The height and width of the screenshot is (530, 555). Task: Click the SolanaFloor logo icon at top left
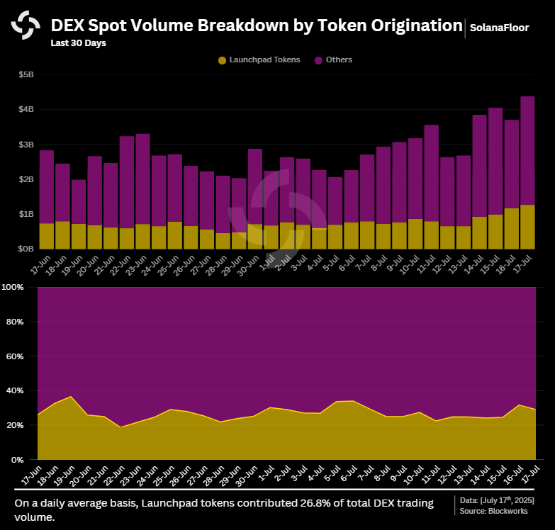[26, 26]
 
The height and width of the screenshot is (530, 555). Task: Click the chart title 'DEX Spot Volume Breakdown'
[256, 26]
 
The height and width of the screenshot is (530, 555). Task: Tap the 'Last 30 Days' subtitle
[78, 43]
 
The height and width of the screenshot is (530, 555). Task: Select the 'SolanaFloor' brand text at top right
[500, 28]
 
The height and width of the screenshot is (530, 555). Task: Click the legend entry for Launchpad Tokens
[259, 60]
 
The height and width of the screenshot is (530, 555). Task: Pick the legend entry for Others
[333, 60]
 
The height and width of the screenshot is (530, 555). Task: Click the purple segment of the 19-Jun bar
[79, 202]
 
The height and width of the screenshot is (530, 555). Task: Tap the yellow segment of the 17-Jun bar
[47, 236]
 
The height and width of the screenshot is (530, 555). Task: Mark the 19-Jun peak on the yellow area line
[70, 397]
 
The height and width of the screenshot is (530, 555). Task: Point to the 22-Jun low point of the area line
[120, 427]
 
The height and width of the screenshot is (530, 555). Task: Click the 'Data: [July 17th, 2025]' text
[497, 500]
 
